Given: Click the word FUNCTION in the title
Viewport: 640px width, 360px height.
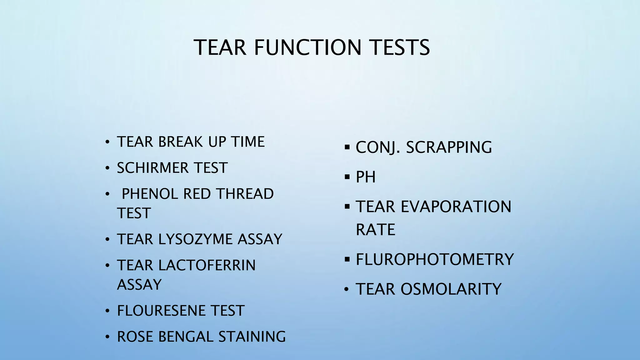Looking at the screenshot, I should pyautogui.click(x=307, y=47).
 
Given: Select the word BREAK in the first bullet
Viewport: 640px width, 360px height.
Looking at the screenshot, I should pyautogui.click(x=181, y=142).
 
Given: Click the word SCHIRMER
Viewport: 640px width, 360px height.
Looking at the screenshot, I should pyautogui.click(x=153, y=168).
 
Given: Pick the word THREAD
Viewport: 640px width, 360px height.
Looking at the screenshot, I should pyautogui.click(x=245, y=194).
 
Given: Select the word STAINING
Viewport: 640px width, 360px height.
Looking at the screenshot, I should pyautogui.click(x=252, y=337).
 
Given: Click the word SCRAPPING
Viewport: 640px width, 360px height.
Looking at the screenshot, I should pyautogui.click(x=449, y=147).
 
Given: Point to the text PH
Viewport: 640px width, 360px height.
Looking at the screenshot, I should pyautogui.click(x=366, y=177).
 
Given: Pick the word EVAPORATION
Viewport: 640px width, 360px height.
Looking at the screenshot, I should pyautogui.click(x=456, y=207).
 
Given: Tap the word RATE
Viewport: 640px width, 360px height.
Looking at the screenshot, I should pyautogui.click(x=375, y=230).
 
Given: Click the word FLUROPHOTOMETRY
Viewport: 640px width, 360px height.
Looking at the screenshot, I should pyautogui.click(x=435, y=259).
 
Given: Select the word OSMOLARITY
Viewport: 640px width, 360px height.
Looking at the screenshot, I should pyautogui.click(x=451, y=289).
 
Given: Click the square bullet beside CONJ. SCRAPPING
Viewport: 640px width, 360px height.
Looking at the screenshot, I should pyautogui.click(x=347, y=147).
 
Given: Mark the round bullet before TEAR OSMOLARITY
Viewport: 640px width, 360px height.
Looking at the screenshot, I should pyautogui.click(x=346, y=290).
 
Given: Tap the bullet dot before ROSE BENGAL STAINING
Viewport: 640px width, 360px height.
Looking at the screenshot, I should pyautogui.click(x=107, y=337).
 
